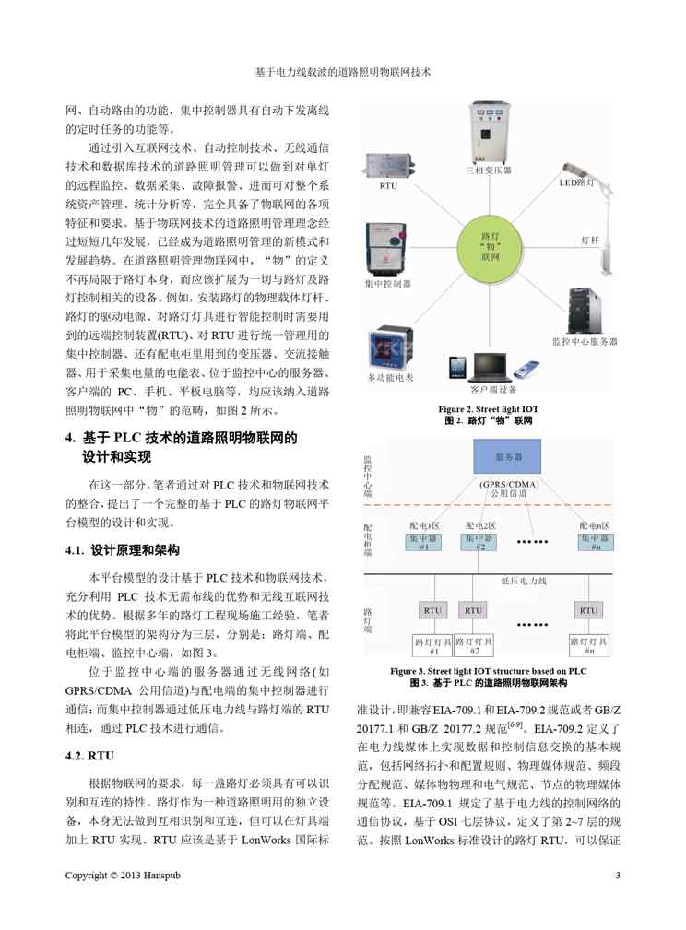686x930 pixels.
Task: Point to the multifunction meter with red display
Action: coord(391,349)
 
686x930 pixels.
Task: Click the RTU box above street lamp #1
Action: coord(432,609)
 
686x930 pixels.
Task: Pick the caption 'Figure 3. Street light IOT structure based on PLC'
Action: coord(488,671)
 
